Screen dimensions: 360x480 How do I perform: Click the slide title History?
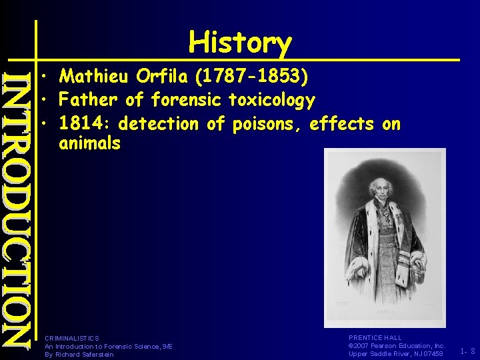click(240, 43)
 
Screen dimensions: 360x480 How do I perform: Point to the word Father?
click(89, 101)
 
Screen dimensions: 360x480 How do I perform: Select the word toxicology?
click(271, 101)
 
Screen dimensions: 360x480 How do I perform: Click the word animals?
click(89, 143)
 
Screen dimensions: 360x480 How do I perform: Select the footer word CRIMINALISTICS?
click(71, 339)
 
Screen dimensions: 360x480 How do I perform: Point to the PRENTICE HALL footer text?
click(375, 338)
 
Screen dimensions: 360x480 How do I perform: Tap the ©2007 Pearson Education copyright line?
click(397, 346)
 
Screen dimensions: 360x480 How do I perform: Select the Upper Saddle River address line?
click(396, 354)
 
